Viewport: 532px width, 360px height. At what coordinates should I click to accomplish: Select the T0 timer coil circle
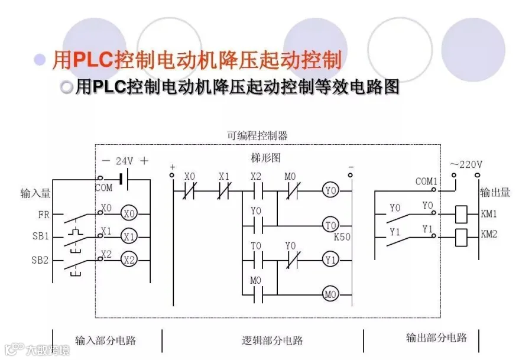point(330,225)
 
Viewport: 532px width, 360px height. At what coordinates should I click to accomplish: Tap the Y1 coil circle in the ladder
point(330,259)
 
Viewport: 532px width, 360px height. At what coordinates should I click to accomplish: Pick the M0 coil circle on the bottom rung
point(330,293)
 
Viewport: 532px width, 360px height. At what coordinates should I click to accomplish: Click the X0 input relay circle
point(129,213)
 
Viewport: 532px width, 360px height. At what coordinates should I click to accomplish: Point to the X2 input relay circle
point(129,259)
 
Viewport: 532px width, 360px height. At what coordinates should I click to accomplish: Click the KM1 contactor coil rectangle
point(461,214)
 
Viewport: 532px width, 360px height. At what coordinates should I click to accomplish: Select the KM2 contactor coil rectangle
point(461,236)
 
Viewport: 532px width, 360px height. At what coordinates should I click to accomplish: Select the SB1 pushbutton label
point(41,237)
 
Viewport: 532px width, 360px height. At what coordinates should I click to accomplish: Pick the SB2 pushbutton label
point(41,260)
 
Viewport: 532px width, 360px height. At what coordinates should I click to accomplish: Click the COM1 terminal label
point(426,181)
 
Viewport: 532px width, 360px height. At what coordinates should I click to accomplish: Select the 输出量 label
point(495,192)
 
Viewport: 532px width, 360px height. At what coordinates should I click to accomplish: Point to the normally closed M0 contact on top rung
point(290,190)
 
